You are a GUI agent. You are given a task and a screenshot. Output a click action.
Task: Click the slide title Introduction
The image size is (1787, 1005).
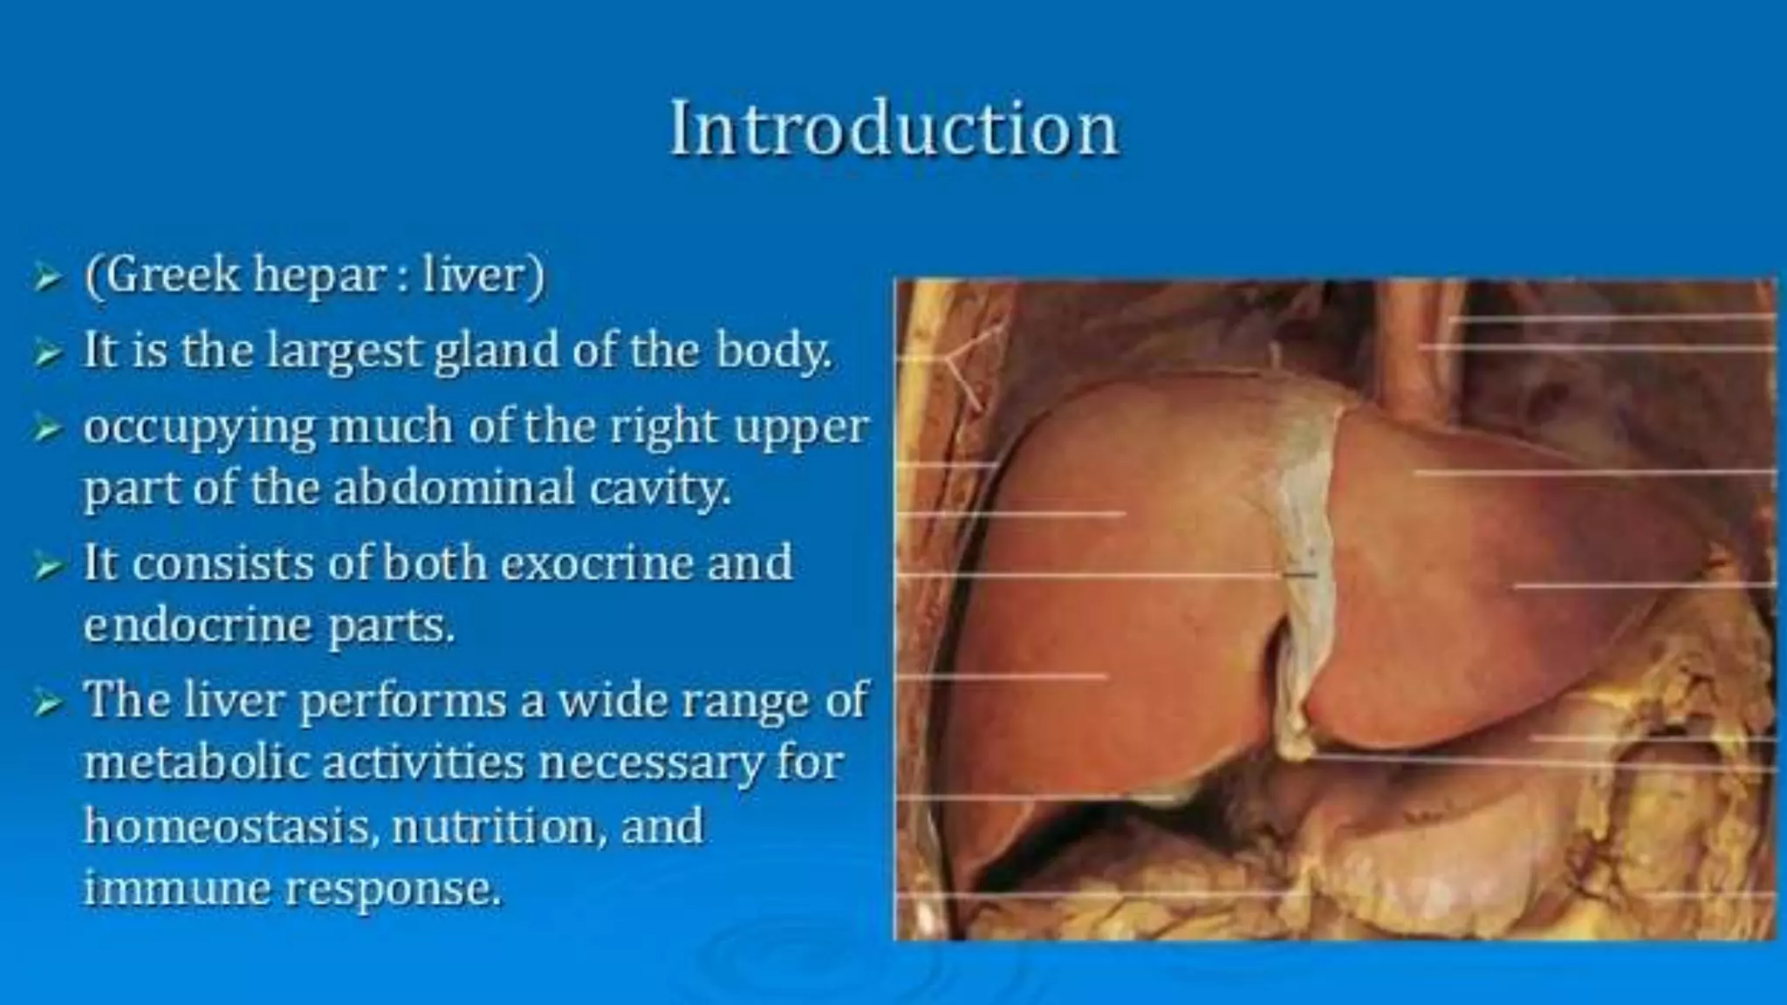click(893, 130)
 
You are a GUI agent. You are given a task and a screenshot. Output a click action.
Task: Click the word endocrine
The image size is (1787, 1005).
click(198, 625)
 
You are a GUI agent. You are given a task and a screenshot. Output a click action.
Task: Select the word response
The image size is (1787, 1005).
click(394, 890)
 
